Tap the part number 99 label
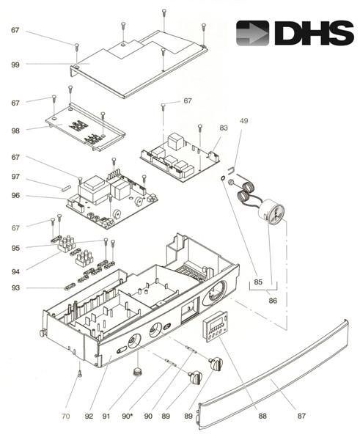[15, 65]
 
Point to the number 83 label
[223, 128]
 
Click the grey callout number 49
[244, 120]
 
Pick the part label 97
[15, 177]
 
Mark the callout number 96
[15, 196]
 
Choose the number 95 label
[15, 249]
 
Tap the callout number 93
[15, 287]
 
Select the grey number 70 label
[65, 417]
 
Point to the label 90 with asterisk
[127, 417]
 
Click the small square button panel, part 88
[216, 328]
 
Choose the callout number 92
[89, 417]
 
